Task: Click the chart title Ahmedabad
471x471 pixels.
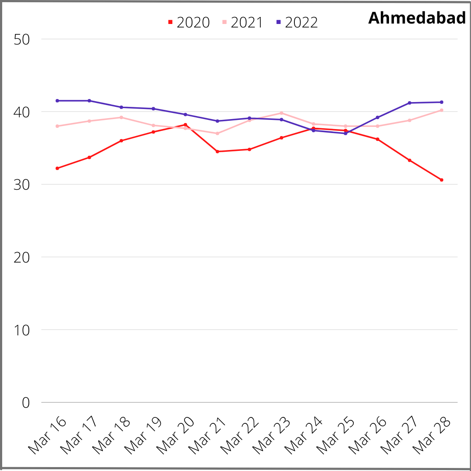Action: point(417,18)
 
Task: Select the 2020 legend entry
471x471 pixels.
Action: point(189,22)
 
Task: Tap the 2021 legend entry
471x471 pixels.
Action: point(243,22)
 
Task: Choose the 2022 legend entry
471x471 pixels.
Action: point(297,22)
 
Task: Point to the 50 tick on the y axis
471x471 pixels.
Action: point(21,39)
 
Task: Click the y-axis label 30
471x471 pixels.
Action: point(21,184)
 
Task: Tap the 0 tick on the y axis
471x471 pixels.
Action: point(26,403)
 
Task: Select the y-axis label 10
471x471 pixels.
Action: point(21,330)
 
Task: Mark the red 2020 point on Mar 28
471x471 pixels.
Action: point(441,180)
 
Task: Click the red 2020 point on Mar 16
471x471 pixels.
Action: point(57,168)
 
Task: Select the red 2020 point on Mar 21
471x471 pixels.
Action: point(217,151)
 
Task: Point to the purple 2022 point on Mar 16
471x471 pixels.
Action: point(57,101)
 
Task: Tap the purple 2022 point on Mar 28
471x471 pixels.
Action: point(441,102)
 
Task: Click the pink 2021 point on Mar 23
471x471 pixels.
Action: point(281,113)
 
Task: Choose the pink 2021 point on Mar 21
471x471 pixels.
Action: point(217,133)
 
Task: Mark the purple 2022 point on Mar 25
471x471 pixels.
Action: point(345,133)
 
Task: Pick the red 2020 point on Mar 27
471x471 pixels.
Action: point(410,160)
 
